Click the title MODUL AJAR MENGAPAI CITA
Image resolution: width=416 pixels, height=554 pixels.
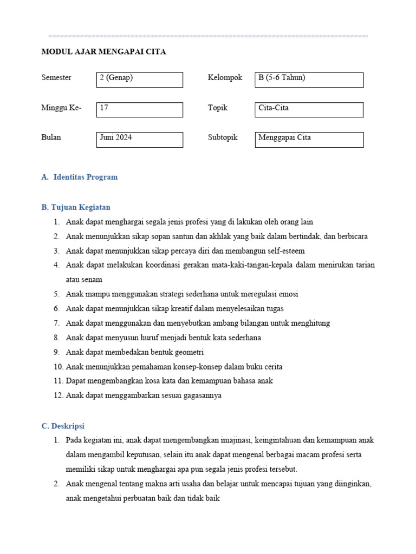(x=103, y=52)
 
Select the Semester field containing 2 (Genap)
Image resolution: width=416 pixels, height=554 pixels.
(x=139, y=80)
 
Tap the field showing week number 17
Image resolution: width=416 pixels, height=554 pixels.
(x=139, y=109)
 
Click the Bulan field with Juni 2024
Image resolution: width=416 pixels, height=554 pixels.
(x=139, y=139)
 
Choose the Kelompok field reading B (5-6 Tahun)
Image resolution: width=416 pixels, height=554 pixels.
(x=309, y=80)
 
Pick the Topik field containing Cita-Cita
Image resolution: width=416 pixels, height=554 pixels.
(x=309, y=109)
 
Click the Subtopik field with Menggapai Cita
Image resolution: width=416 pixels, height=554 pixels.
(x=309, y=139)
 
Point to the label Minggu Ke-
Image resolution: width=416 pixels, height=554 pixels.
(x=61, y=108)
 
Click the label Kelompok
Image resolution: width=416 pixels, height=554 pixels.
(x=225, y=78)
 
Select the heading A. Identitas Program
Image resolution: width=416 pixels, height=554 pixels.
(x=79, y=177)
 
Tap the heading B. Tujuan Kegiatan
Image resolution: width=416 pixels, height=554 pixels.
(x=76, y=207)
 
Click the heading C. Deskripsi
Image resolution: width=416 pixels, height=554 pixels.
(x=63, y=426)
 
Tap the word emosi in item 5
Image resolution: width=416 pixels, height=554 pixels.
(x=288, y=294)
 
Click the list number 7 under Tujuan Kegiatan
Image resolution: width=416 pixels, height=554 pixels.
(x=56, y=323)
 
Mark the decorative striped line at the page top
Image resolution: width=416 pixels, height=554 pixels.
(x=208, y=36)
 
